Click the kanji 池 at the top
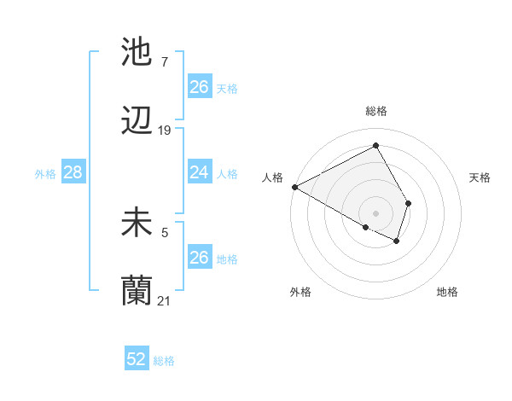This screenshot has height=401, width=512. [137, 52]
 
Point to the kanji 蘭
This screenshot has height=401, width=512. [137, 290]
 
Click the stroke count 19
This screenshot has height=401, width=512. [165, 131]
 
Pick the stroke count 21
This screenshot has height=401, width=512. [165, 300]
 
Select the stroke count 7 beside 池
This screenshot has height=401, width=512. [164, 62]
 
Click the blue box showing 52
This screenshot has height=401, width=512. [137, 359]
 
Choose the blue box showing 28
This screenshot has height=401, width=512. [73, 172]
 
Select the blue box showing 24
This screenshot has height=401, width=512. [200, 172]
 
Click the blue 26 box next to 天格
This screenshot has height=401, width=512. [200, 87]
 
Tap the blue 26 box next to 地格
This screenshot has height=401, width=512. [200, 258]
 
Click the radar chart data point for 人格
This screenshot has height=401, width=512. [294, 187]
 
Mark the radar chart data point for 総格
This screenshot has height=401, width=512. [376, 146]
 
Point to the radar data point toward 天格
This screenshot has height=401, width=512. [409, 203]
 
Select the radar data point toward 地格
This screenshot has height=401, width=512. [397, 241]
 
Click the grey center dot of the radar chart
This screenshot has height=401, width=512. [375, 212]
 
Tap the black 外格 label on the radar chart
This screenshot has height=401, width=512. [300, 292]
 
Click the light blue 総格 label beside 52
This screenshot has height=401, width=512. [164, 361]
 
